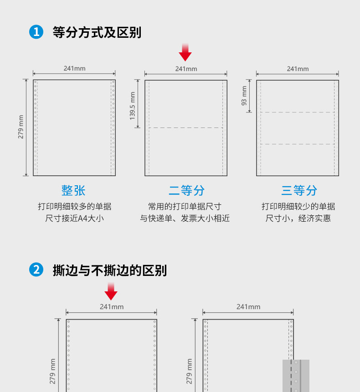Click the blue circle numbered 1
click(x=36, y=32)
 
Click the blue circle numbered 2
click(x=36, y=270)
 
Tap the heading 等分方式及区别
click(x=97, y=32)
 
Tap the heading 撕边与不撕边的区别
click(x=110, y=270)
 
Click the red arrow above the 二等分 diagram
click(x=185, y=52)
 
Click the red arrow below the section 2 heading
click(x=111, y=291)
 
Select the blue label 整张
click(x=73, y=190)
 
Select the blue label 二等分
click(x=186, y=190)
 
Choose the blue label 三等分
click(x=298, y=190)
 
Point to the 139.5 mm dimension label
click(x=133, y=105)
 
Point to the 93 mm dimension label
click(x=244, y=96)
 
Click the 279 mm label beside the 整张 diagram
click(x=21, y=127)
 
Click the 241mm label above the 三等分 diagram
click(x=298, y=69)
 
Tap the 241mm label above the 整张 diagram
click(x=74, y=69)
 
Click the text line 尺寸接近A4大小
click(x=74, y=218)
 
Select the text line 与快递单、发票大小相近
click(x=185, y=218)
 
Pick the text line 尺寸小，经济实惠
click(x=298, y=218)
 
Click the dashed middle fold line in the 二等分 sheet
click(x=186, y=128)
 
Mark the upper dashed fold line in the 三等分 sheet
click(x=298, y=112)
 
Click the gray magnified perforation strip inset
click(x=296, y=376)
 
